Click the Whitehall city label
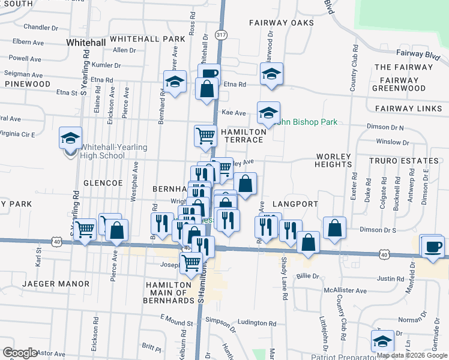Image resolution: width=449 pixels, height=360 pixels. [86, 43]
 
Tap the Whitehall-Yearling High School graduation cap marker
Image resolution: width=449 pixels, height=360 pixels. [70, 139]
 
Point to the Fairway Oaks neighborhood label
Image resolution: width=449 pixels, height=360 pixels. [282, 23]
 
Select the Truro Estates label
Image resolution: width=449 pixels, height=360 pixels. [404, 161]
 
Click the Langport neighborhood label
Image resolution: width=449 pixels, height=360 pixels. [294, 205]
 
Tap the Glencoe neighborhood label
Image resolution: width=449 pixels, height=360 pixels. [103, 182]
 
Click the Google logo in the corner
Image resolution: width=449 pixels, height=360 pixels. [20, 352]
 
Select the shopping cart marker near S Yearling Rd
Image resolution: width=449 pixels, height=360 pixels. [85, 229]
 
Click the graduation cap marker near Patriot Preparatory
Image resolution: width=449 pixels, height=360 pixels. [382, 341]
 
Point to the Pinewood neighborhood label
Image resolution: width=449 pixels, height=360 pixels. [28, 84]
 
